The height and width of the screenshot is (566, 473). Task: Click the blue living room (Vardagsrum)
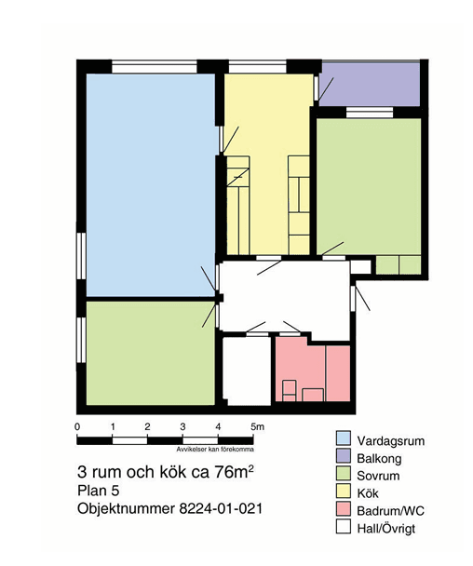[151, 185]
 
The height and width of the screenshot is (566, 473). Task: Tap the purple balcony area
[370, 85]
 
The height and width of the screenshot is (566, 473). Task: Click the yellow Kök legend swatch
[344, 492]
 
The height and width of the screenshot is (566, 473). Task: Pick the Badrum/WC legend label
[390, 511]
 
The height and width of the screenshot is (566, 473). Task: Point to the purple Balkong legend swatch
[344, 456]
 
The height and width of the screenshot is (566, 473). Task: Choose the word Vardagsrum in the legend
[391, 440]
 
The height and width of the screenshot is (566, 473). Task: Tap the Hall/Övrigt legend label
[386, 529]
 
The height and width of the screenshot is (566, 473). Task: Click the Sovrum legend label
[378, 476]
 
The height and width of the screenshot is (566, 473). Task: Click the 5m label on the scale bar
[257, 426]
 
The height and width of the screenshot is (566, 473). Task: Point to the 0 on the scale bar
[77, 426]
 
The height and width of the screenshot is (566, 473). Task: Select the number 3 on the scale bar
[182, 426]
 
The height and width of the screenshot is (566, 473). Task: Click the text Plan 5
[98, 491]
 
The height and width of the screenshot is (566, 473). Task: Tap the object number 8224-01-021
[221, 508]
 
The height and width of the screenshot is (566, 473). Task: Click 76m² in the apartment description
[234, 472]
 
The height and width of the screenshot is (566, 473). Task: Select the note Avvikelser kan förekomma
[215, 450]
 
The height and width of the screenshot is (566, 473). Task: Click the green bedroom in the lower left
[151, 353]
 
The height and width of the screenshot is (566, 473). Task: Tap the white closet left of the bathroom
[247, 371]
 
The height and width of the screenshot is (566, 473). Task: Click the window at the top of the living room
[155, 68]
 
